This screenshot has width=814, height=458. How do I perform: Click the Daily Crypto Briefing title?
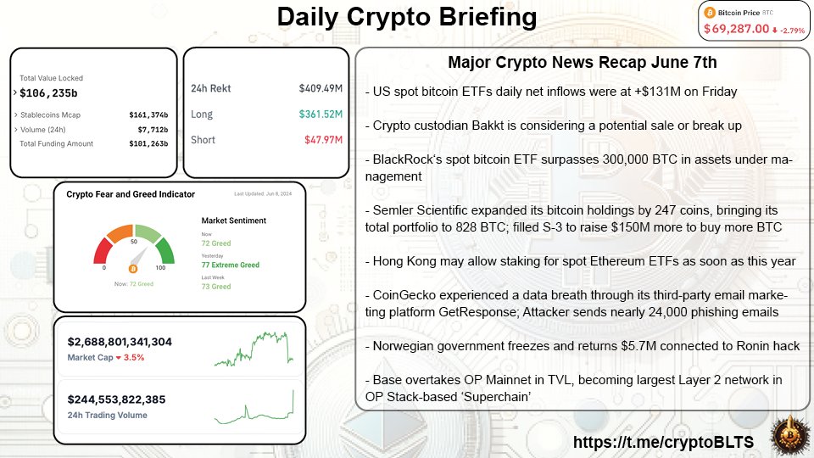coord(407,18)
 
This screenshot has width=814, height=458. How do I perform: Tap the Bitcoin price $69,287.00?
coord(735,29)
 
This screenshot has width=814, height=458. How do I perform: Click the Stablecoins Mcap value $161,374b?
coord(148,114)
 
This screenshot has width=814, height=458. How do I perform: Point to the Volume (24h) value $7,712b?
coord(153,129)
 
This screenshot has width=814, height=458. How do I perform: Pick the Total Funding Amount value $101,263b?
coord(148,144)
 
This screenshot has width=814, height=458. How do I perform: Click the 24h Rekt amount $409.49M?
coord(319,88)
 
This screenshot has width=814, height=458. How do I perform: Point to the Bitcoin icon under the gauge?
coord(131,268)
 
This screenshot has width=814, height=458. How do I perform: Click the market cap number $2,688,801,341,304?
coord(120,343)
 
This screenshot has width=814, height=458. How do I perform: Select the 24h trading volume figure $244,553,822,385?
coord(117,399)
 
